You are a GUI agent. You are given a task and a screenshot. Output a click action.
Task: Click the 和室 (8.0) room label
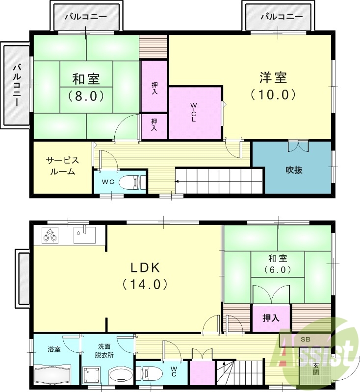click(86, 87)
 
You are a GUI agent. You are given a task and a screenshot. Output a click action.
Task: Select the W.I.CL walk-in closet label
click(194, 113)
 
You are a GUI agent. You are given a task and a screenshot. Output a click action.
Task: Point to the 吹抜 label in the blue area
click(294, 170)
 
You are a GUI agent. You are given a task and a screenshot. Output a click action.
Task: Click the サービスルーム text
click(62, 166)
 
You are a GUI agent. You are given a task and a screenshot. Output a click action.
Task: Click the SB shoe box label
click(305, 339)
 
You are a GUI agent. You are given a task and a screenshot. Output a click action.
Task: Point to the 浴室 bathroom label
click(54, 350)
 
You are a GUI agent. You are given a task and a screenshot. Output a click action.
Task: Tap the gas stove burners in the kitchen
click(50, 235)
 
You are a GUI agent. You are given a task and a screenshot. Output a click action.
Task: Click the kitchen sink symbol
click(86, 234)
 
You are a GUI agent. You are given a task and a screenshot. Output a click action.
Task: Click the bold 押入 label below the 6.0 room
click(271, 318)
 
